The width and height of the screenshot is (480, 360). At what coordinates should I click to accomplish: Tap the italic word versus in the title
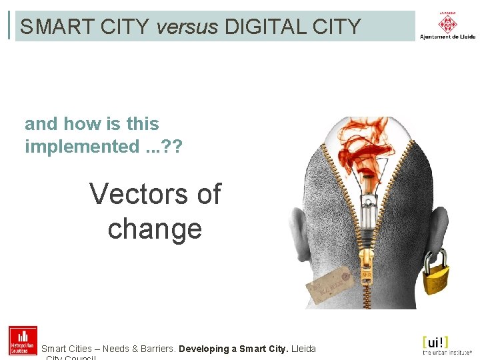pos(187,27)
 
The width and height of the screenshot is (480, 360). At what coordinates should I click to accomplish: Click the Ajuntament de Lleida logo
pos(447,25)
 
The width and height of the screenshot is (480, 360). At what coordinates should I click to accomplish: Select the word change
pos(155,228)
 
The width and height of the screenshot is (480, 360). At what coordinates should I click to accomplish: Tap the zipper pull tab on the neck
pos(366,273)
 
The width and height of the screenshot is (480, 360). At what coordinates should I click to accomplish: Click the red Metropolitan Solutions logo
pos(23,341)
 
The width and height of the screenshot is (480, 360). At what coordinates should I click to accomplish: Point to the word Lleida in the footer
pos(304,349)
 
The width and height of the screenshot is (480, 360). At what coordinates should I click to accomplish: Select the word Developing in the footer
pos(204,349)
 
